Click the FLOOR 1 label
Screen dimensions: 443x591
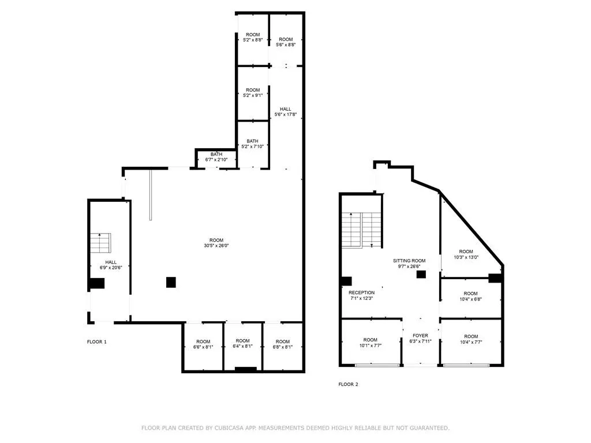pyautogui.click(x=96, y=342)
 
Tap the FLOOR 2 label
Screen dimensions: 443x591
pyautogui.click(x=348, y=384)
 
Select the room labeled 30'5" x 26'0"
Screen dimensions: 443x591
pyautogui.click(x=216, y=243)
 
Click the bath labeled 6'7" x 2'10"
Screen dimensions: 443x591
pyautogui.click(x=216, y=157)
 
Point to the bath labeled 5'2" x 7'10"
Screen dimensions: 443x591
pyautogui.click(x=253, y=144)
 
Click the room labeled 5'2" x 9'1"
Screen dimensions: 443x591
pyautogui.click(x=253, y=93)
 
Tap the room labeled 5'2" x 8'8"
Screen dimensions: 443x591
pyautogui.click(x=253, y=36)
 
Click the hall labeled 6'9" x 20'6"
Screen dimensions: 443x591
pyautogui.click(x=110, y=265)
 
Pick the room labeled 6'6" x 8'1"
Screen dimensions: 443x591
pyautogui.click(x=203, y=344)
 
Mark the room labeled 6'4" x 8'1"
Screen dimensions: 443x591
pyautogui.click(x=242, y=344)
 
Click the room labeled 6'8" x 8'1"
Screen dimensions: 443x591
pyautogui.click(x=282, y=344)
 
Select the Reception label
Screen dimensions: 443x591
pyautogui.click(x=362, y=295)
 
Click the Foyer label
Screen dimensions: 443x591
pyautogui.click(x=420, y=338)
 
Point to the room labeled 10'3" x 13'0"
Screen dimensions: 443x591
pyautogui.click(x=466, y=254)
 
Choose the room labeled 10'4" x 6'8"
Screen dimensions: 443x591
pyautogui.click(x=470, y=296)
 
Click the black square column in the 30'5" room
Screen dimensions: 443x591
pyautogui.click(x=171, y=282)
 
